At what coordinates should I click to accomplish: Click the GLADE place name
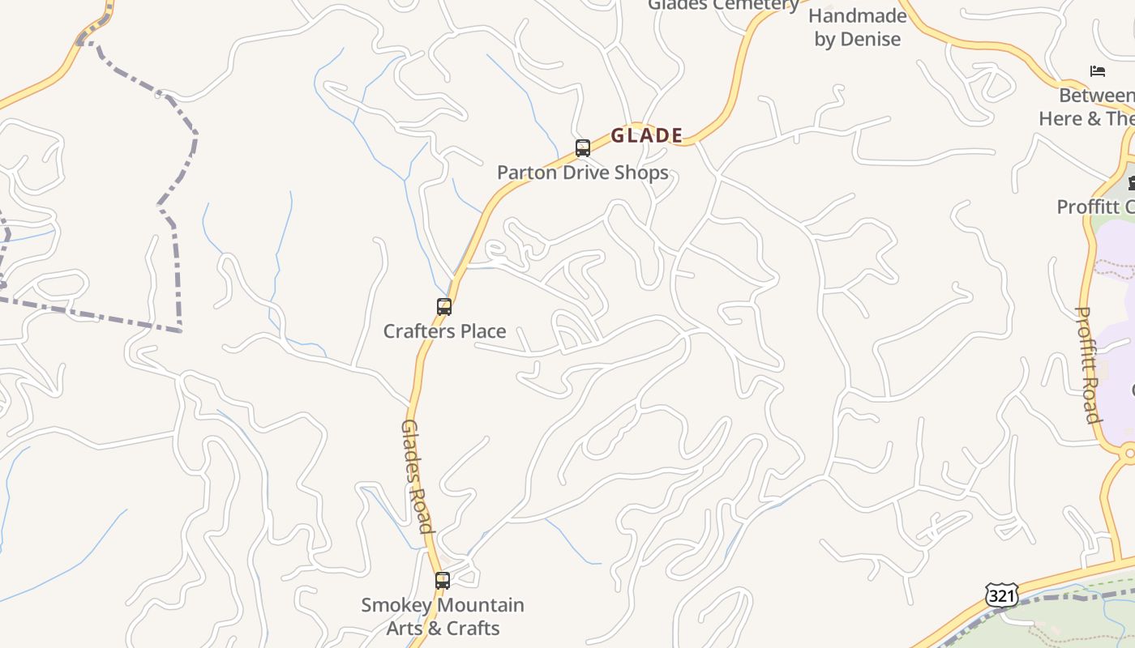646,135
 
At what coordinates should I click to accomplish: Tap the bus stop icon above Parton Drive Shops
582,148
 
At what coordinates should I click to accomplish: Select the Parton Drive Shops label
582,173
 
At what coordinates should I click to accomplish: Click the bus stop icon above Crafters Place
443,307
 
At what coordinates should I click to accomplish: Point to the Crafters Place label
444,331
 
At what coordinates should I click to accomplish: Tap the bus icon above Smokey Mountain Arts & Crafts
442,581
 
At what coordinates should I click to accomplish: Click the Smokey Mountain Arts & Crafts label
443,616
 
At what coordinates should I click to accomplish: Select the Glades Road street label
417,476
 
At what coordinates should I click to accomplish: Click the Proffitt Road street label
1088,364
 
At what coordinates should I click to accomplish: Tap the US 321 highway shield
1002,596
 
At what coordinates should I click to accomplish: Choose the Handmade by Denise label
857,28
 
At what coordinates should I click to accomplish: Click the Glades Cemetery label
723,5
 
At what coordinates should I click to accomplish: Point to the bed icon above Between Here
1098,71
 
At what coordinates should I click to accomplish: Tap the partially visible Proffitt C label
1094,207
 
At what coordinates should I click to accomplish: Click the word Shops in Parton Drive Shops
641,173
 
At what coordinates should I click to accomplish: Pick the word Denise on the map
870,40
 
